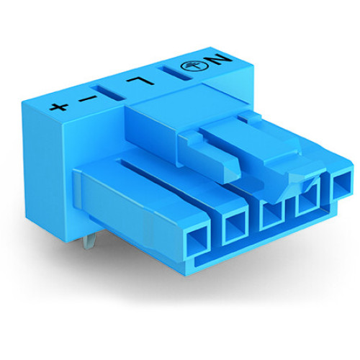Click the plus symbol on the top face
click(59, 107)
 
